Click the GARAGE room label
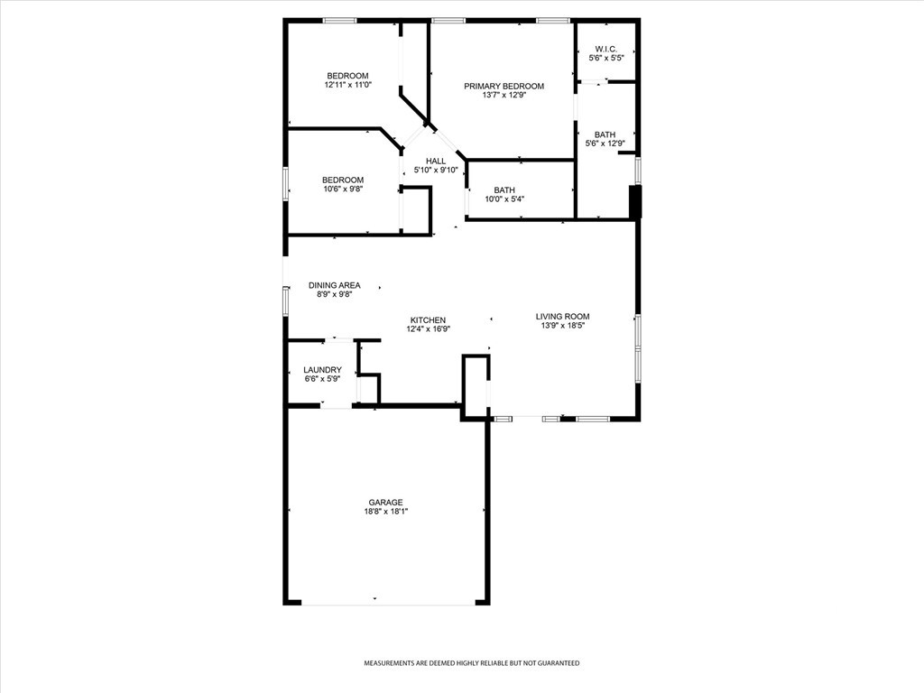(386, 502)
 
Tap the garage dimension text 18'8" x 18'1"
(386, 512)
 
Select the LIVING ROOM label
(562, 316)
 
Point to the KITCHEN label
(429, 320)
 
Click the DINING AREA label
(334, 285)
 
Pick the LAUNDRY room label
(322, 369)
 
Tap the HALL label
(436, 161)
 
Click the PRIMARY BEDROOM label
(504, 86)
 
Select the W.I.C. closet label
(605, 49)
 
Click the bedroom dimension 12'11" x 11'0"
(347, 84)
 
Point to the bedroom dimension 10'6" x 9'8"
(342, 189)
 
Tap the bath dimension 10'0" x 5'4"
(504, 199)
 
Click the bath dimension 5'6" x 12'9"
(605, 143)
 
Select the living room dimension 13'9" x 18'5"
(562, 325)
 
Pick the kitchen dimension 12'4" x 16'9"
(429, 329)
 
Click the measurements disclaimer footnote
(471, 663)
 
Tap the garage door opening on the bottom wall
(388, 604)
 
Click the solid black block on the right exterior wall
(634, 202)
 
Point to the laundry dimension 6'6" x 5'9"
(322, 379)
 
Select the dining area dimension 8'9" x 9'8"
(334, 295)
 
